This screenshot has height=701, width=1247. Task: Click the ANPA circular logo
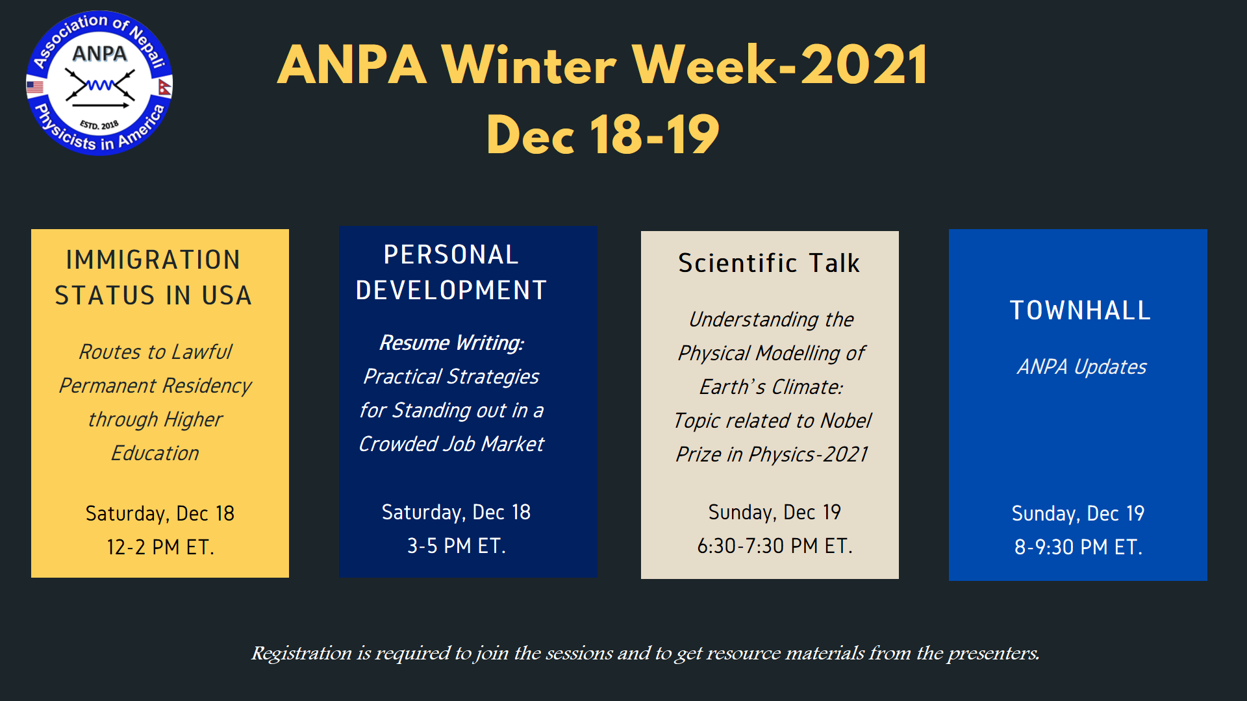pyautogui.click(x=99, y=83)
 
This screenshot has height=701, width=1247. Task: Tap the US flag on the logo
pyautogui.click(x=35, y=86)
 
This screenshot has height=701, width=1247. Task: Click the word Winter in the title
pyautogui.click(x=528, y=65)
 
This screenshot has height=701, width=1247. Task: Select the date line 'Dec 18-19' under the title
pyautogui.click(x=603, y=134)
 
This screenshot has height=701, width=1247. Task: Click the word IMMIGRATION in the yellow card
pyautogui.click(x=153, y=260)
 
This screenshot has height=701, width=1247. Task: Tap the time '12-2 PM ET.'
pyautogui.click(x=160, y=547)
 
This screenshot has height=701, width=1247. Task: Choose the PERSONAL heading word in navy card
pyautogui.click(x=451, y=254)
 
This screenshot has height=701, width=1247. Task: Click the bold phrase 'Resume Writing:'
pyautogui.click(x=451, y=343)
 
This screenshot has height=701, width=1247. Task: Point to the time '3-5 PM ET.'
pyautogui.click(x=457, y=546)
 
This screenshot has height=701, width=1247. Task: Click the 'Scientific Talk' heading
pyautogui.click(x=769, y=263)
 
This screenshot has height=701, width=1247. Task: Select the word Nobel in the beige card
pyautogui.click(x=846, y=421)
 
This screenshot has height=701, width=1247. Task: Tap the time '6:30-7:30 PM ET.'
pyautogui.click(x=775, y=546)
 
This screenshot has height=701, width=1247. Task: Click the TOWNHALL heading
pyautogui.click(x=1080, y=310)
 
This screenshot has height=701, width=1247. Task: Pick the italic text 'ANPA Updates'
pyautogui.click(x=1081, y=367)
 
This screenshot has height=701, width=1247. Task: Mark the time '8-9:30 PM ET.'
pyautogui.click(x=1078, y=547)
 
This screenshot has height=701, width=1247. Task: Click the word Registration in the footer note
pyautogui.click(x=301, y=653)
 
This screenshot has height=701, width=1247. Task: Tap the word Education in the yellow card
pyautogui.click(x=155, y=453)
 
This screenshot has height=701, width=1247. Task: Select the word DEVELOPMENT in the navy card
pyautogui.click(x=451, y=290)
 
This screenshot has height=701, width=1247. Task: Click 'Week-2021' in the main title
pyautogui.click(x=780, y=65)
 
